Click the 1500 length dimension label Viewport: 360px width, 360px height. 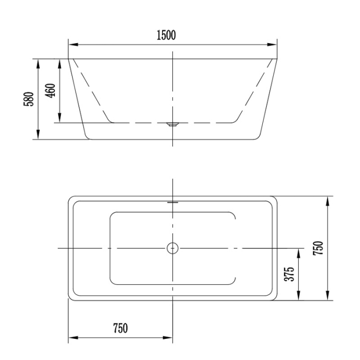point(166,35)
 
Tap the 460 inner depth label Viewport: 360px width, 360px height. point(50,91)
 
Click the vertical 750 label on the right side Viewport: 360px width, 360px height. point(318,248)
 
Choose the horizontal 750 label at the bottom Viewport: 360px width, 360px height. point(120,328)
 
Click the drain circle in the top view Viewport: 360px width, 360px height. point(172,248)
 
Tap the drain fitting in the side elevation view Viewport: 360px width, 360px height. point(172,123)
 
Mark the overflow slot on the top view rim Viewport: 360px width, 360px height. point(172,202)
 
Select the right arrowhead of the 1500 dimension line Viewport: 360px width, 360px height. point(274,44)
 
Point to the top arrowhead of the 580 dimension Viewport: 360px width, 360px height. point(39,61)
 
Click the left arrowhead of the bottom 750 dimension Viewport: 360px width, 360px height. point(72,338)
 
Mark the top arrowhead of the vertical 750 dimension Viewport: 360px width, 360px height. point(328,199)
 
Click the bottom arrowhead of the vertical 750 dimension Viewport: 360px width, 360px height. point(328,298)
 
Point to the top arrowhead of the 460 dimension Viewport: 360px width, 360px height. point(61,61)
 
